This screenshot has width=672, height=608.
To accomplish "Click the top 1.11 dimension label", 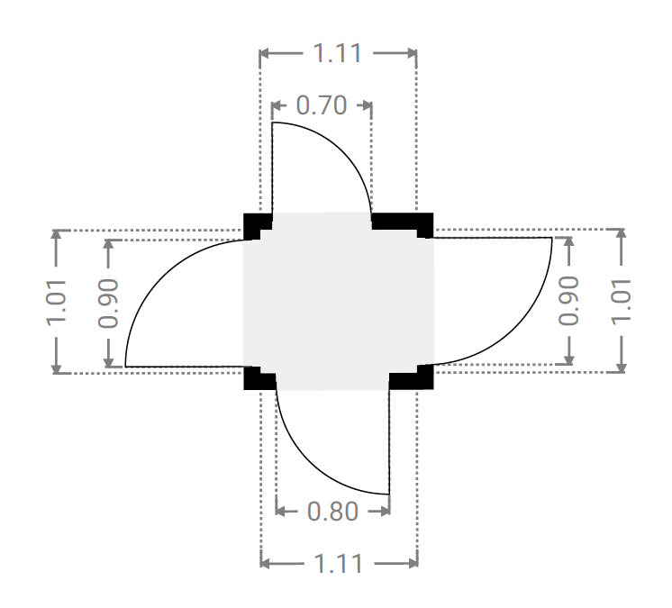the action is pyautogui.click(x=338, y=53).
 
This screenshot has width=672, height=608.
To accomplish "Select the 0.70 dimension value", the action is pyautogui.click(x=322, y=105).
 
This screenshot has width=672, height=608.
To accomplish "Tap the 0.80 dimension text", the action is pyautogui.click(x=332, y=511).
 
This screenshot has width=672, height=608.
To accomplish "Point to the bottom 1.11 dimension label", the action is pyautogui.click(x=339, y=563).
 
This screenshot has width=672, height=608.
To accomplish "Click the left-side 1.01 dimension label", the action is pyautogui.click(x=56, y=303).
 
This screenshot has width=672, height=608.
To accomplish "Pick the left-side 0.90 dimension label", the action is pyautogui.click(x=108, y=304).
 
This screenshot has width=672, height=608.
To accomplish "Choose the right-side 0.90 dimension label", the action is pyautogui.click(x=568, y=301).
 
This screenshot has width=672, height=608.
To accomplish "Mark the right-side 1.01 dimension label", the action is pyautogui.click(x=622, y=302).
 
